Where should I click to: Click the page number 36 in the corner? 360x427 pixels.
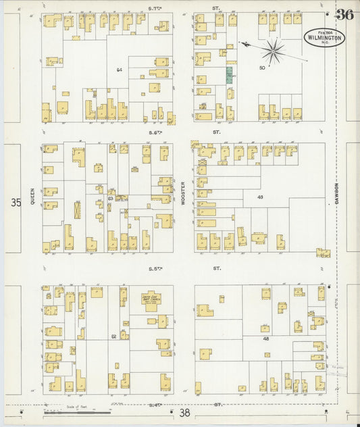pyautogui.click(x=344, y=15)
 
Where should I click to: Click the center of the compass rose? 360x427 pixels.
pyautogui.click(x=273, y=49)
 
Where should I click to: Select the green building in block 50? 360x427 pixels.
pyautogui.click(x=229, y=74)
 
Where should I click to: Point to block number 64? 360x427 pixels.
pyautogui.click(x=119, y=70)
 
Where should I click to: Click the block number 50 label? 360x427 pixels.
pyautogui.click(x=262, y=67)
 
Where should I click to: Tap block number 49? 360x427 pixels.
pyautogui.click(x=259, y=197)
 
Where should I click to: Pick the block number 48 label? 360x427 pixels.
pyautogui.click(x=266, y=338)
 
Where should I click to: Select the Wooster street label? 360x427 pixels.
pyautogui.click(x=183, y=195)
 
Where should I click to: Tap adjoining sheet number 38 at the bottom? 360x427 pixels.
pyautogui.click(x=184, y=412)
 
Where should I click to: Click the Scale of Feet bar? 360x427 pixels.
pyautogui.click(x=80, y=410)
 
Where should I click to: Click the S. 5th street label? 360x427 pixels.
pyautogui.click(x=157, y=268)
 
